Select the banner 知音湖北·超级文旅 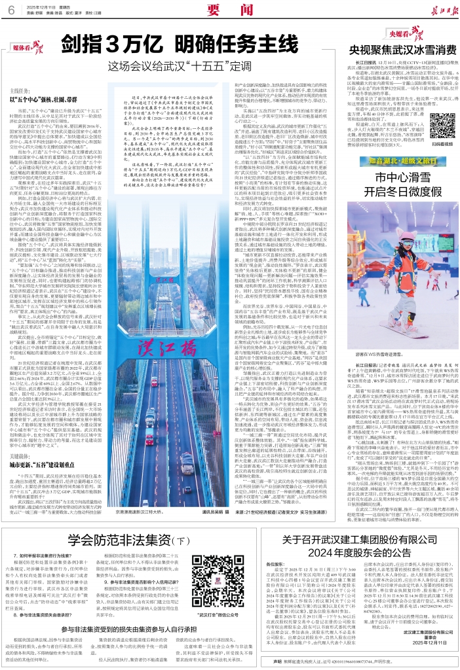pos(383,159)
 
